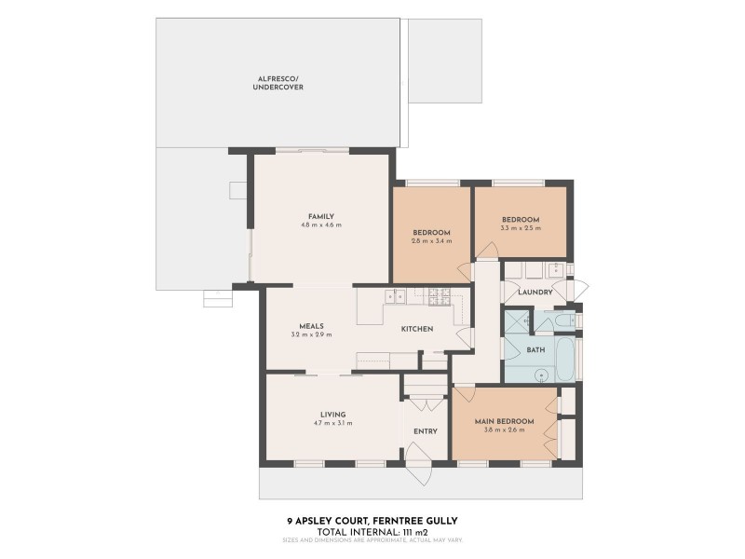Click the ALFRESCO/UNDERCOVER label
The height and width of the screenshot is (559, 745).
click(278, 83)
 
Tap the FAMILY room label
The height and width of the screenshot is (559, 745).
click(320, 216)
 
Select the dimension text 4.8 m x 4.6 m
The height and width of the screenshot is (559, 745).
click(320, 225)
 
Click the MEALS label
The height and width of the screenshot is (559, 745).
click(311, 325)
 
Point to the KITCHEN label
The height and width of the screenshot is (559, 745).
click(416, 329)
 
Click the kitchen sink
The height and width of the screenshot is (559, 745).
click(397, 296)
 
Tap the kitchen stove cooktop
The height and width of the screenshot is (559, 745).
click(439, 296)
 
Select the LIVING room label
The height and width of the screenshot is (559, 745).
click(332, 414)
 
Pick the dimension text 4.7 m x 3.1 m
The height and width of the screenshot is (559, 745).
click(332, 423)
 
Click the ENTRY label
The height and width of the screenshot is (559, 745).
click(425, 431)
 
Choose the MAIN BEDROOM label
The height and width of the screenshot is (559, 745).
click(504, 421)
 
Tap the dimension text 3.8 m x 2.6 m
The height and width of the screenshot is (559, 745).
click(504, 430)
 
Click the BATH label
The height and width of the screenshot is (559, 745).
click(535, 349)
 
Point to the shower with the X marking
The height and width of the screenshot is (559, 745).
click(518, 322)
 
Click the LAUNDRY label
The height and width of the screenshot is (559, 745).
click(535, 293)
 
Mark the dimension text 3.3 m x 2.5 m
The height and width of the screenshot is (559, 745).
click(520, 228)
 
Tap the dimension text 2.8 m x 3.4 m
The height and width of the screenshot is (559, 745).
click(431, 240)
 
